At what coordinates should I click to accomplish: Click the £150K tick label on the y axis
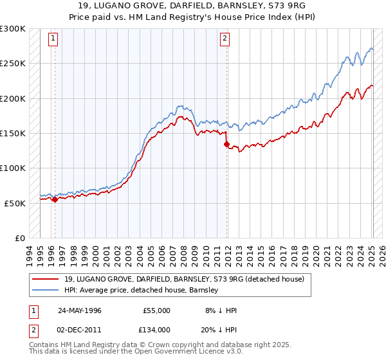(x=12, y=133)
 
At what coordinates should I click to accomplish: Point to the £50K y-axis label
(x=14, y=203)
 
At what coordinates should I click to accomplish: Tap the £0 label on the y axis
(x=19, y=238)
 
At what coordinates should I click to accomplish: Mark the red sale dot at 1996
(x=55, y=199)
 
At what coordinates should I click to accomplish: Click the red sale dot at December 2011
(x=226, y=145)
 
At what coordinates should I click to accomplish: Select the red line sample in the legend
(x=45, y=278)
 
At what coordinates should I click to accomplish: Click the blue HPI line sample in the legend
(x=45, y=290)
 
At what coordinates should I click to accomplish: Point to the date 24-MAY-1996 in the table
(x=79, y=310)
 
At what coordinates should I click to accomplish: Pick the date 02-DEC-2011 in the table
(x=79, y=329)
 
